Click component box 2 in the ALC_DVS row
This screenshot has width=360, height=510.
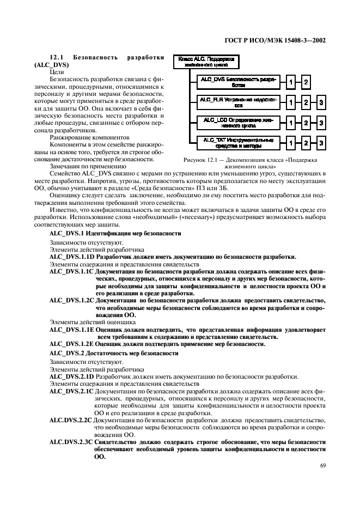[307, 82]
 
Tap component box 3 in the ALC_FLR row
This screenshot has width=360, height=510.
[322, 102]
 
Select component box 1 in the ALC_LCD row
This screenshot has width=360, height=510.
[291, 123]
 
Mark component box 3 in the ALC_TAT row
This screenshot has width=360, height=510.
[322, 143]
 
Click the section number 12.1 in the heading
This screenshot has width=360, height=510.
[57, 57]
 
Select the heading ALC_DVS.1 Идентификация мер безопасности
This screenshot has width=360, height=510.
[115, 233]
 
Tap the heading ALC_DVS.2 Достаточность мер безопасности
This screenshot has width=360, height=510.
[113, 353]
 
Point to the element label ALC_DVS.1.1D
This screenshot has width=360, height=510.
[72, 256]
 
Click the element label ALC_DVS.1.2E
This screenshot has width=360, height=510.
[72, 344]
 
